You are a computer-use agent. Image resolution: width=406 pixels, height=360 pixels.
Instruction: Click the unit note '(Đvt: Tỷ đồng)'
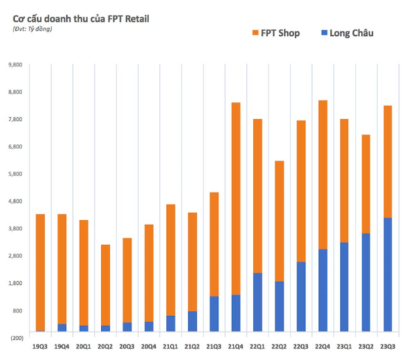(32, 29)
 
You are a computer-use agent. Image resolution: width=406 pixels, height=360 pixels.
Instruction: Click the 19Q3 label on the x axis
(40, 347)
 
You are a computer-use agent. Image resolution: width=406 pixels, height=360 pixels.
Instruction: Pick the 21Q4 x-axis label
(236, 347)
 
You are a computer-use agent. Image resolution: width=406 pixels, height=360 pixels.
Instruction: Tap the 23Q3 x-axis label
(388, 347)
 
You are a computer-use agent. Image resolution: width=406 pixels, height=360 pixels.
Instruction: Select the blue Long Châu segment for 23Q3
(388, 274)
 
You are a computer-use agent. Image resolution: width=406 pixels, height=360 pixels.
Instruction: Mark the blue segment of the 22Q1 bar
(257, 302)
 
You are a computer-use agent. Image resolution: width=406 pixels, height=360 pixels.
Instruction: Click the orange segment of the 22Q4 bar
(322, 174)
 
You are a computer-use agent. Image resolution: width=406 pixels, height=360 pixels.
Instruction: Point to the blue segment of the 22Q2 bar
(279, 306)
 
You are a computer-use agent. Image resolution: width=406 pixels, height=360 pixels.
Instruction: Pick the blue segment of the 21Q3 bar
(214, 313)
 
